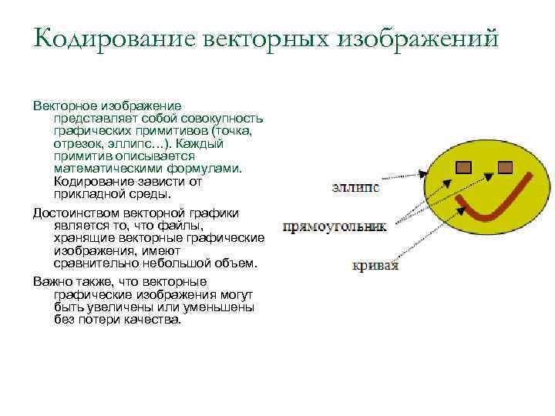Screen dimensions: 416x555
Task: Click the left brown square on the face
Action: point(463,166)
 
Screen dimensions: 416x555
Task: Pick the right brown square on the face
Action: point(505,166)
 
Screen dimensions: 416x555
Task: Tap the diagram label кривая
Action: point(375,266)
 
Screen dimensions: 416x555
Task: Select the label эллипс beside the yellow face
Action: point(355,188)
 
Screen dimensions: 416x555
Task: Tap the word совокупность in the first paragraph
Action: point(223,119)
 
